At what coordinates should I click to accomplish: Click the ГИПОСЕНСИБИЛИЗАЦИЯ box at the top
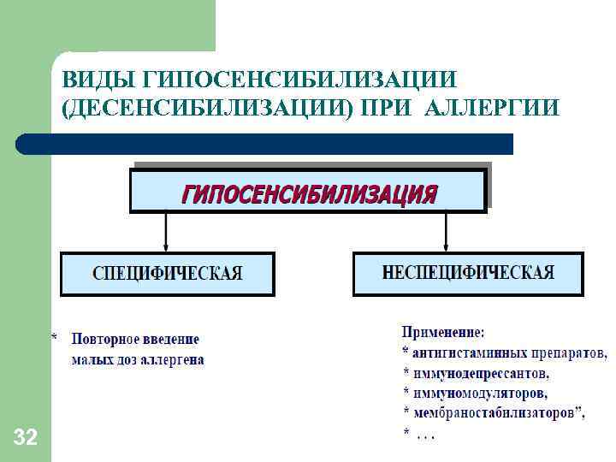[x=308, y=191]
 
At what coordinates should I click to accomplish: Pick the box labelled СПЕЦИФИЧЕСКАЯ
[x=167, y=274]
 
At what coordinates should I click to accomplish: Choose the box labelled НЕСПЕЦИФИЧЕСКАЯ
[x=468, y=274]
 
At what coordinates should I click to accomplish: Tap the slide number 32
[x=26, y=439]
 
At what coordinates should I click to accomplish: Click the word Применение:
[x=443, y=331]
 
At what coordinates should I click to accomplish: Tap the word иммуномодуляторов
[x=479, y=394]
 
